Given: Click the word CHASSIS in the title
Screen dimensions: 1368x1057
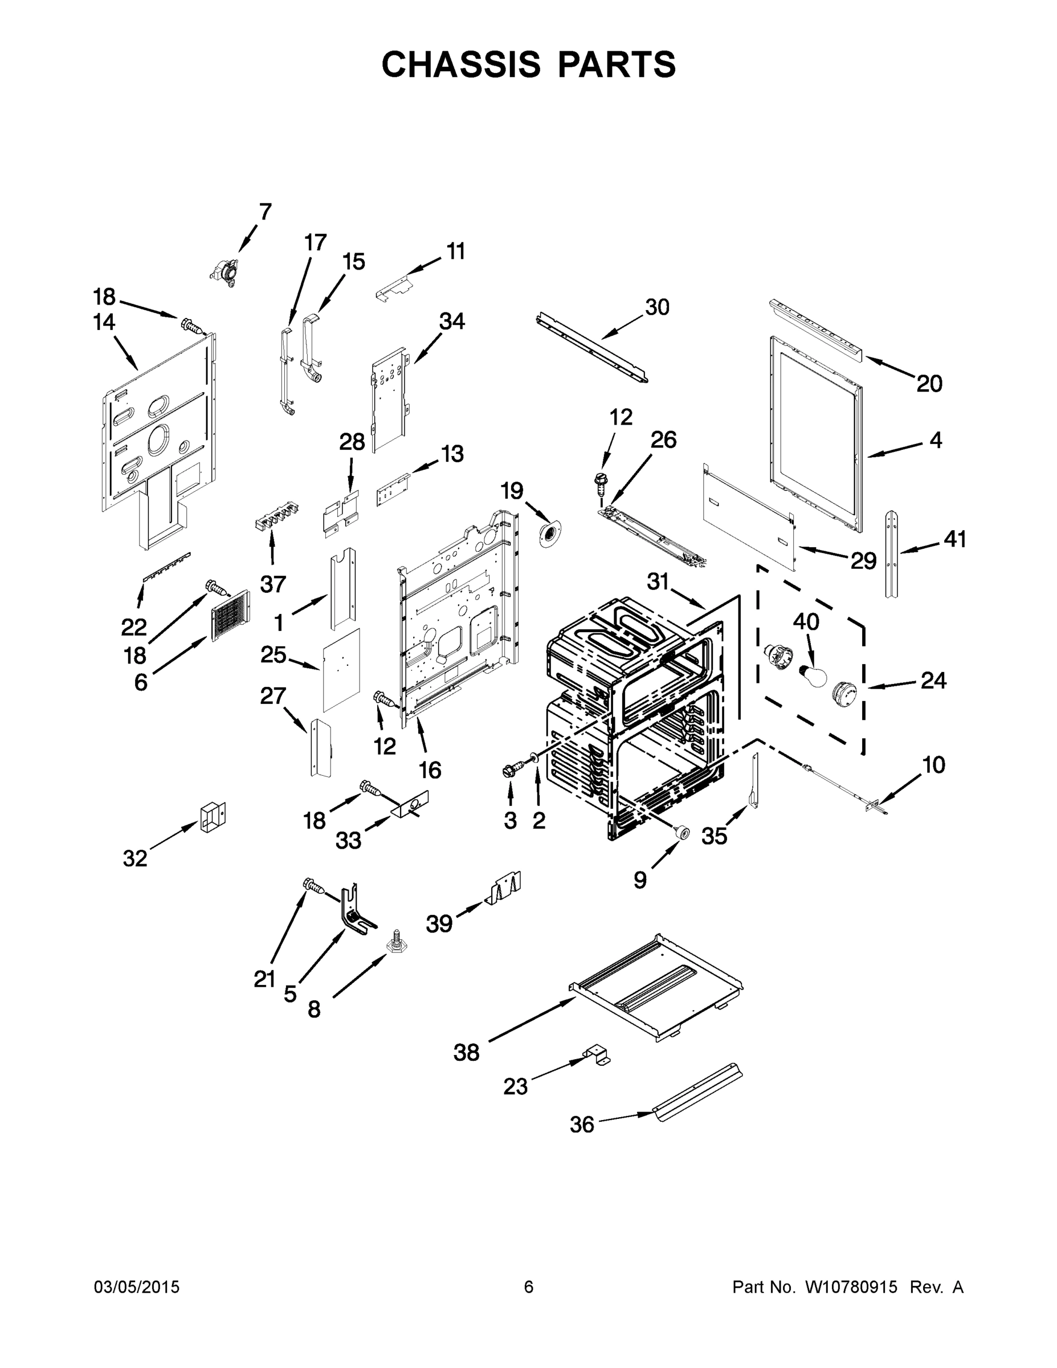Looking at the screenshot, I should click(461, 64).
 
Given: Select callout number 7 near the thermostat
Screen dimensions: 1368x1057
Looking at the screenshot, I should click(266, 213).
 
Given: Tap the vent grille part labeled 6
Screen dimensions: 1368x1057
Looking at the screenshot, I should click(230, 616).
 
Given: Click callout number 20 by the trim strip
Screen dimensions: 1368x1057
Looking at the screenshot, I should click(929, 384).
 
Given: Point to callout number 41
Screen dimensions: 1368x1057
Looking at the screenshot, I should click(955, 539).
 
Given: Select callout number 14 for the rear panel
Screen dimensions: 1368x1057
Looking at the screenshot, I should click(104, 322).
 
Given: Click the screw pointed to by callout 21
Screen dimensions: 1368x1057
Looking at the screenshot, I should click(313, 886).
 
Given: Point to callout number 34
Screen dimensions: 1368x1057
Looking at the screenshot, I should click(451, 321).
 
